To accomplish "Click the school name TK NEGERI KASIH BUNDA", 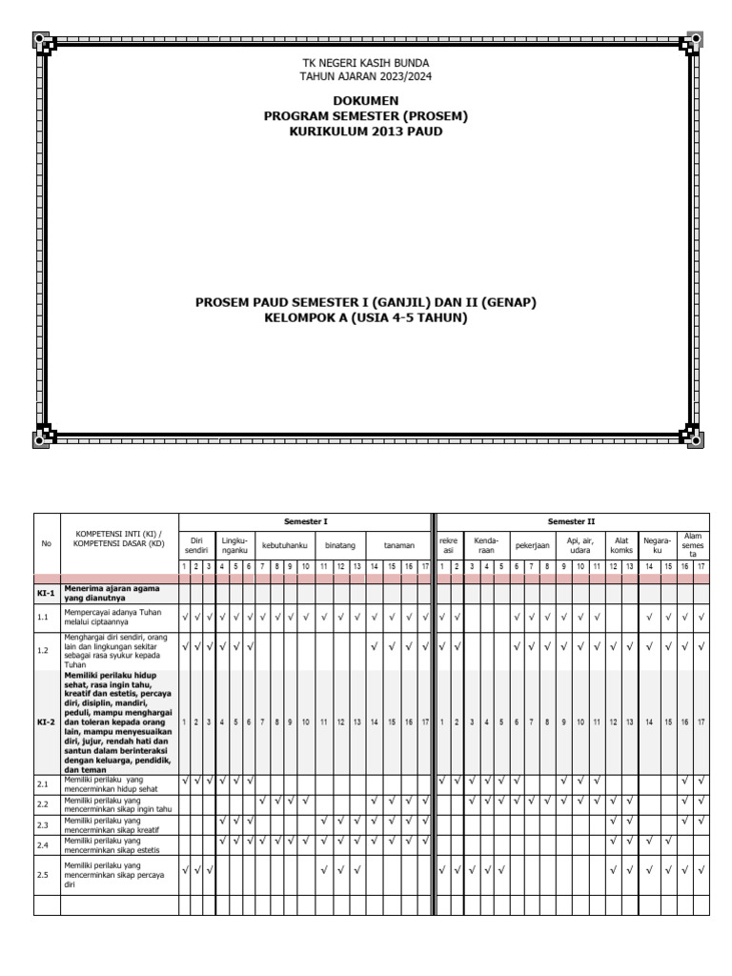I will pyautogui.click(x=366, y=62).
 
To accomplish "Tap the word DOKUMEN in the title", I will pyautogui.click(x=366, y=100).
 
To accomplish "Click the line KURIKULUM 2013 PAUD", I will pyautogui.click(x=366, y=131).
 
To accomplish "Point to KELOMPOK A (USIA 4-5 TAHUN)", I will pyautogui.click(x=366, y=317).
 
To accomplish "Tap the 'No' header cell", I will pyautogui.click(x=47, y=545).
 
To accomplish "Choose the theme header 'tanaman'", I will pyautogui.click(x=398, y=545).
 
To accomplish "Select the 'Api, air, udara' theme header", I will pyautogui.click(x=579, y=545).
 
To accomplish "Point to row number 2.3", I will pyautogui.click(x=43, y=824).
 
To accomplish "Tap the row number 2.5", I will pyautogui.click(x=43, y=874).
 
